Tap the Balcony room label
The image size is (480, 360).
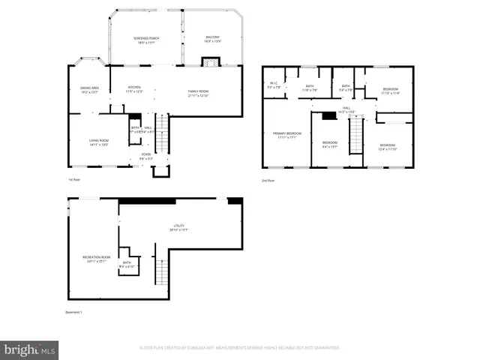click(213, 38)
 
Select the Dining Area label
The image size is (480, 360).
click(89, 88)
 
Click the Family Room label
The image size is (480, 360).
click(198, 92)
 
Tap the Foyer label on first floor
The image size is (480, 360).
click(146, 156)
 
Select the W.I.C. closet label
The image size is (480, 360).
click(274, 85)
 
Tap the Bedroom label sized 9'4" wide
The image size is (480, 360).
click(330, 144)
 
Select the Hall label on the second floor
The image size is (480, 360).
click(347, 109)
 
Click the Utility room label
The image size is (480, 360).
click(179, 226)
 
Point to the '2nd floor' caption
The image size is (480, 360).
click(268, 181)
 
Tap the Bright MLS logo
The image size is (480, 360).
click(29, 349)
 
